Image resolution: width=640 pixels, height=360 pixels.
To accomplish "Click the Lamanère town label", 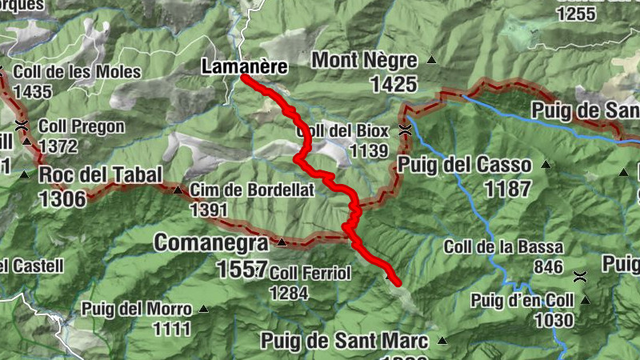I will [244, 67].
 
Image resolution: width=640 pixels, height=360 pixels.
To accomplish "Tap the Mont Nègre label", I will [364, 60].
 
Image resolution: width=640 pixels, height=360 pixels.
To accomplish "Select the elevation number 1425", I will [394, 84].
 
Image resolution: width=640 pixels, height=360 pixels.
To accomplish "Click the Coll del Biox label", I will [342, 130].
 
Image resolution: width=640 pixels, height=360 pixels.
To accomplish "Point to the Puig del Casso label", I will [464, 166].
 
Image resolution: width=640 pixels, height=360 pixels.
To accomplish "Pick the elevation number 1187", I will [507, 189].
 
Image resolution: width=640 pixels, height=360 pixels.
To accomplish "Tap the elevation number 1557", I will [241, 270].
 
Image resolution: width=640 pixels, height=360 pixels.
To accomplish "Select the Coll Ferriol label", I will [310, 274].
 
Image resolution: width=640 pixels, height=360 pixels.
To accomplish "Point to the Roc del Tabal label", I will [101, 175].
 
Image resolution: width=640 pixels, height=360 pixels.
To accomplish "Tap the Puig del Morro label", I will [136, 309].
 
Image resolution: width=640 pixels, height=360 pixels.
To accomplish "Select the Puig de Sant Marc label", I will [344, 342].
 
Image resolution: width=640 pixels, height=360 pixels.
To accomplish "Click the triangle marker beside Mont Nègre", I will [432, 59].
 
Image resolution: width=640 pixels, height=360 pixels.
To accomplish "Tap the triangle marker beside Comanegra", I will [282, 242].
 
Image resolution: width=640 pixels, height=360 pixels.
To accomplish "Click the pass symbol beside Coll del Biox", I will [406, 130].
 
